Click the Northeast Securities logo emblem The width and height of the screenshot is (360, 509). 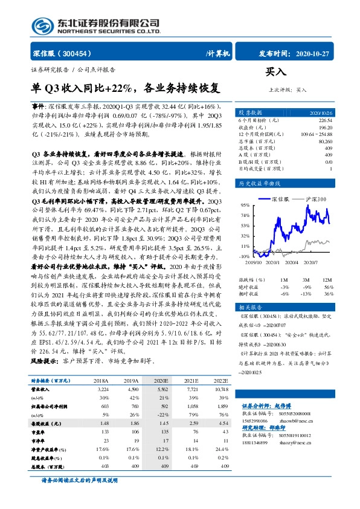click(42, 24)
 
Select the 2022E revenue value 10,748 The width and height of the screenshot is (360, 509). click(221, 391)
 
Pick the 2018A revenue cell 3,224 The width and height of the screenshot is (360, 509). click(101, 391)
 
